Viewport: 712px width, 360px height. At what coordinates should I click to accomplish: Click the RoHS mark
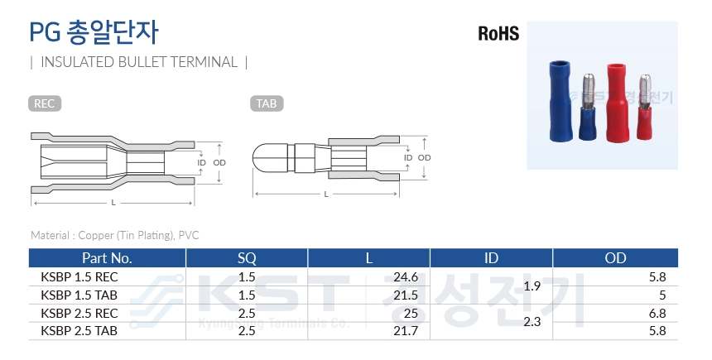pyautogui.click(x=498, y=34)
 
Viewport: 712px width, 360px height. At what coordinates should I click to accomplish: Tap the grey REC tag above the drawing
pyautogui.click(x=45, y=103)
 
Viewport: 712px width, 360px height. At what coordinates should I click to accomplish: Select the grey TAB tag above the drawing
pyautogui.click(x=267, y=103)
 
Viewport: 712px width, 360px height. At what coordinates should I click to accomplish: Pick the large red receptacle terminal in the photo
pyautogui.click(x=617, y=102)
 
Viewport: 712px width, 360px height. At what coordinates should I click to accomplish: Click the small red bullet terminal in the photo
pyautogui.click(x=644, y=107)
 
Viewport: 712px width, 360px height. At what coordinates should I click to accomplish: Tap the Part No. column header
pyautogui.click(x=107, y=258)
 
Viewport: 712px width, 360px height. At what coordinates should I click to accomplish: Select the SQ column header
pyautogui.click(x=247, y=258)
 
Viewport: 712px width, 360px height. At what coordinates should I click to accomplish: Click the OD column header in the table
pyautogui.click(x=615, y=258)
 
